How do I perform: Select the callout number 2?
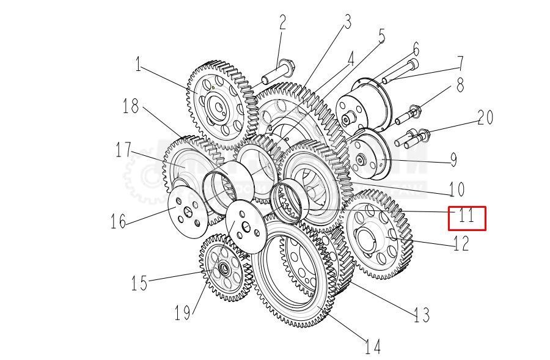(x=282, y=23)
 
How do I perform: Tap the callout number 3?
(x=347, y=23)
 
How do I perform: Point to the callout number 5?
(x=383, y=36)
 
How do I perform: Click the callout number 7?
(x=459, y=63)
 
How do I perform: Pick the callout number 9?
(x=453, y=160)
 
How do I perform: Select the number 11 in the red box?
(x=467, y=216)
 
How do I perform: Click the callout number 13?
(x=422, y=315)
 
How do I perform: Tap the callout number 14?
(x=373, y=347)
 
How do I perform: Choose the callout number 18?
(x=131, y=106)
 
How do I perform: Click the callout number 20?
(x=485, y=117)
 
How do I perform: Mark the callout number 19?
(x=182, y=314)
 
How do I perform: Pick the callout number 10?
(x=457, y=189)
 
